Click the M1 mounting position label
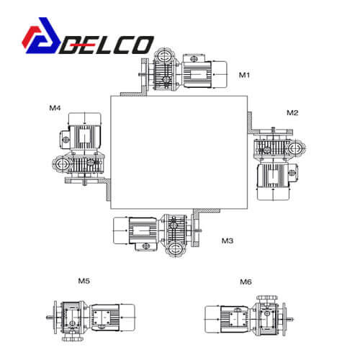(x=244, y=75)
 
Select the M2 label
(x=292, y=112)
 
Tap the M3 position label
(x=228, y=240)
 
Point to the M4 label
(x=55, y=108)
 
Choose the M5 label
(x=84, y=281)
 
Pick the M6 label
(x=246, y=282)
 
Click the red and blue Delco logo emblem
(x=41, y=35)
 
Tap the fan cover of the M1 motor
(x=219, y=74)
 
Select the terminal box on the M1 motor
(x=194, y=59)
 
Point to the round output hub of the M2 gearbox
(x=297, y=148)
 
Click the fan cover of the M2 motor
(x=274, y=194)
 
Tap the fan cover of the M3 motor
(x=121, y=230)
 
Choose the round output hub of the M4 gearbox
(x=61, y=164)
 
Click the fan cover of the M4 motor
(x=84, y=120)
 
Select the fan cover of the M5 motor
(x=127, y=318)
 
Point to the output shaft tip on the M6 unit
(x=292, y=319)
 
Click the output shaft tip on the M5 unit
(x=48, y=318)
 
